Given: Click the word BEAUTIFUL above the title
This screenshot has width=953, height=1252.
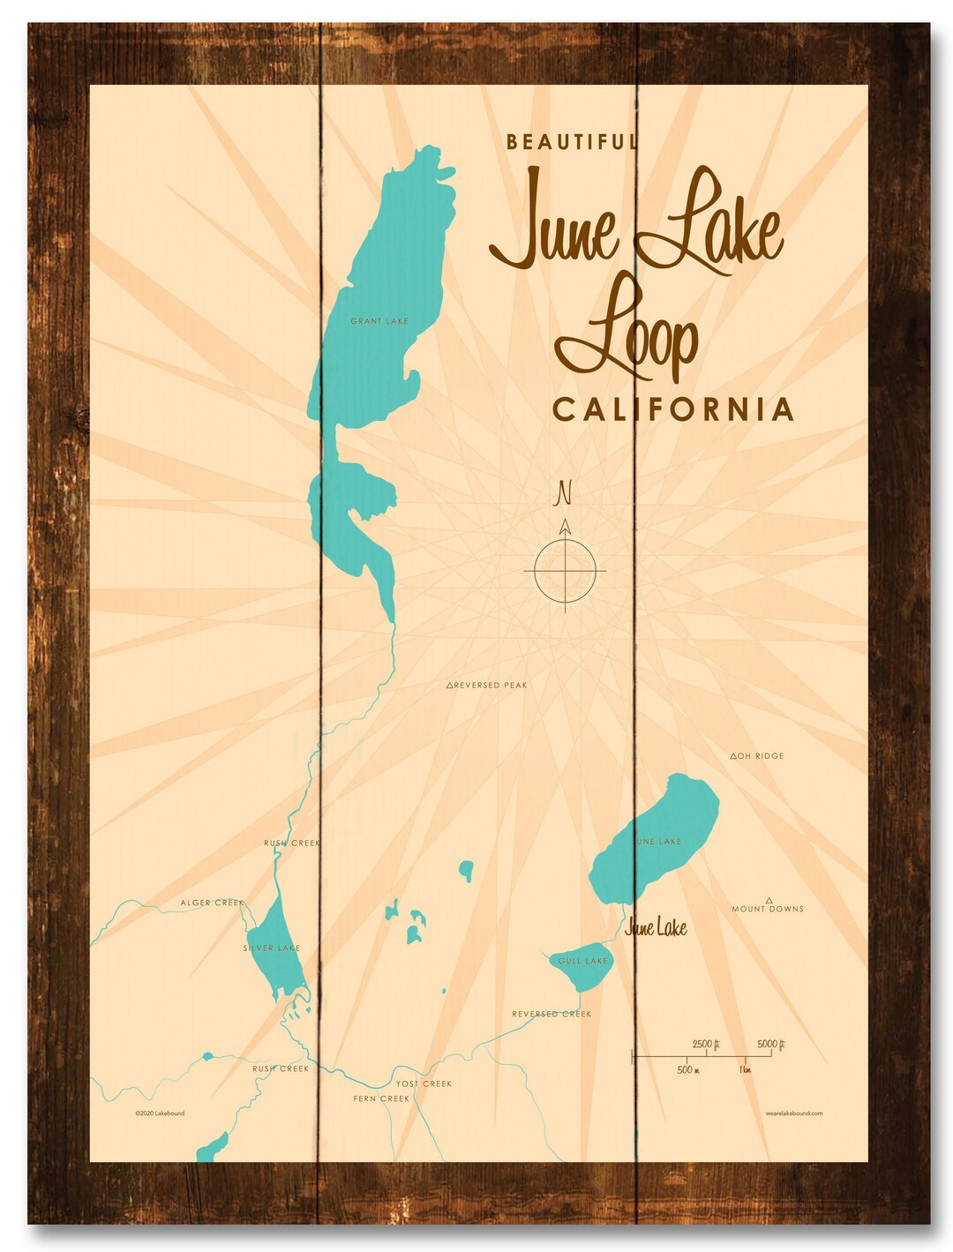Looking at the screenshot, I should click(571, 141).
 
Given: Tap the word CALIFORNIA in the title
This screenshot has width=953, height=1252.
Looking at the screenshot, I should click(672, 409).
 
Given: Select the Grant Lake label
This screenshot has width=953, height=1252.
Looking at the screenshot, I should click(379, 321).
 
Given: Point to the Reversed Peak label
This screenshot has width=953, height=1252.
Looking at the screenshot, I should click(487, 685).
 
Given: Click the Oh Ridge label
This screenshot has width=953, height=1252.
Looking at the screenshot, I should click(757, 756).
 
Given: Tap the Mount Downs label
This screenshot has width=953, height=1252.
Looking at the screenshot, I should click(768, 908).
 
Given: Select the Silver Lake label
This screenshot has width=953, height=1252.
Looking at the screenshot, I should click(272, 948).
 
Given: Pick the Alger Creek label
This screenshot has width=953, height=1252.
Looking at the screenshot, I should click(212, 903).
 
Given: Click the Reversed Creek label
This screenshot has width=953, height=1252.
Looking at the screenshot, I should click(552, 1014).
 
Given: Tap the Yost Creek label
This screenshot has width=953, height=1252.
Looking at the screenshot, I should click(424, 1083).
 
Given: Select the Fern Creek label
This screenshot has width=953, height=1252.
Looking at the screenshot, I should click(381, 1098).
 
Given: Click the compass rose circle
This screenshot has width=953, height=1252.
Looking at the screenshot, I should click(566, 571).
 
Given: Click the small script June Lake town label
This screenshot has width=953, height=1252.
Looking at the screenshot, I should click(656, 927).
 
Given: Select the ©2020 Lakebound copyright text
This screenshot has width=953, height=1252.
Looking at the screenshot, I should click(160, 1113).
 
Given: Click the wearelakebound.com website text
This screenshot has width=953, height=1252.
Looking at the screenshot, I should click(794, 1113).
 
